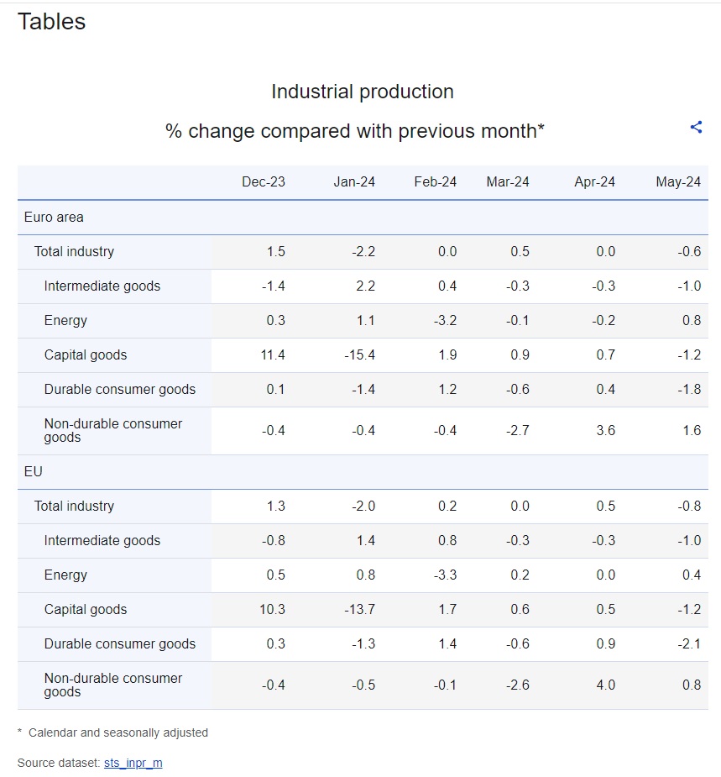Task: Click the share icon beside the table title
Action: click(x=696, y=128)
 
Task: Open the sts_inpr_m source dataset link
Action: click(x=133, y=763)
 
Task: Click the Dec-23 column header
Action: click(x=264, y=182)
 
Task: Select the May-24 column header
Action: click(x=678, y=182)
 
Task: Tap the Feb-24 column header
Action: click(x=436, y=182)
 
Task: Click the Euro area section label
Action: click(x=54, y=217)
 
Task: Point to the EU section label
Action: click(x=34, y=471)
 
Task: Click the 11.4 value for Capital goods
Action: click(x=273, y=354)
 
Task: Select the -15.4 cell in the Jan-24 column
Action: click(x=359, y=354)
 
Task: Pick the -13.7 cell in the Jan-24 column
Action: click(x=359, y=609)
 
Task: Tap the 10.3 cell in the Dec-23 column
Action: click(x=273, y=609)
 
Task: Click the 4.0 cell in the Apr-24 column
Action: click(x=605, y=685)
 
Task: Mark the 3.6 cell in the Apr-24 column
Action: click(x=605, y=430)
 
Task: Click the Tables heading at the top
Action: click(x=51, y=21)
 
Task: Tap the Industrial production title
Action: click(x=363, y=92)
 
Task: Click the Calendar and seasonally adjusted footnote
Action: click(x=118, y=732)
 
